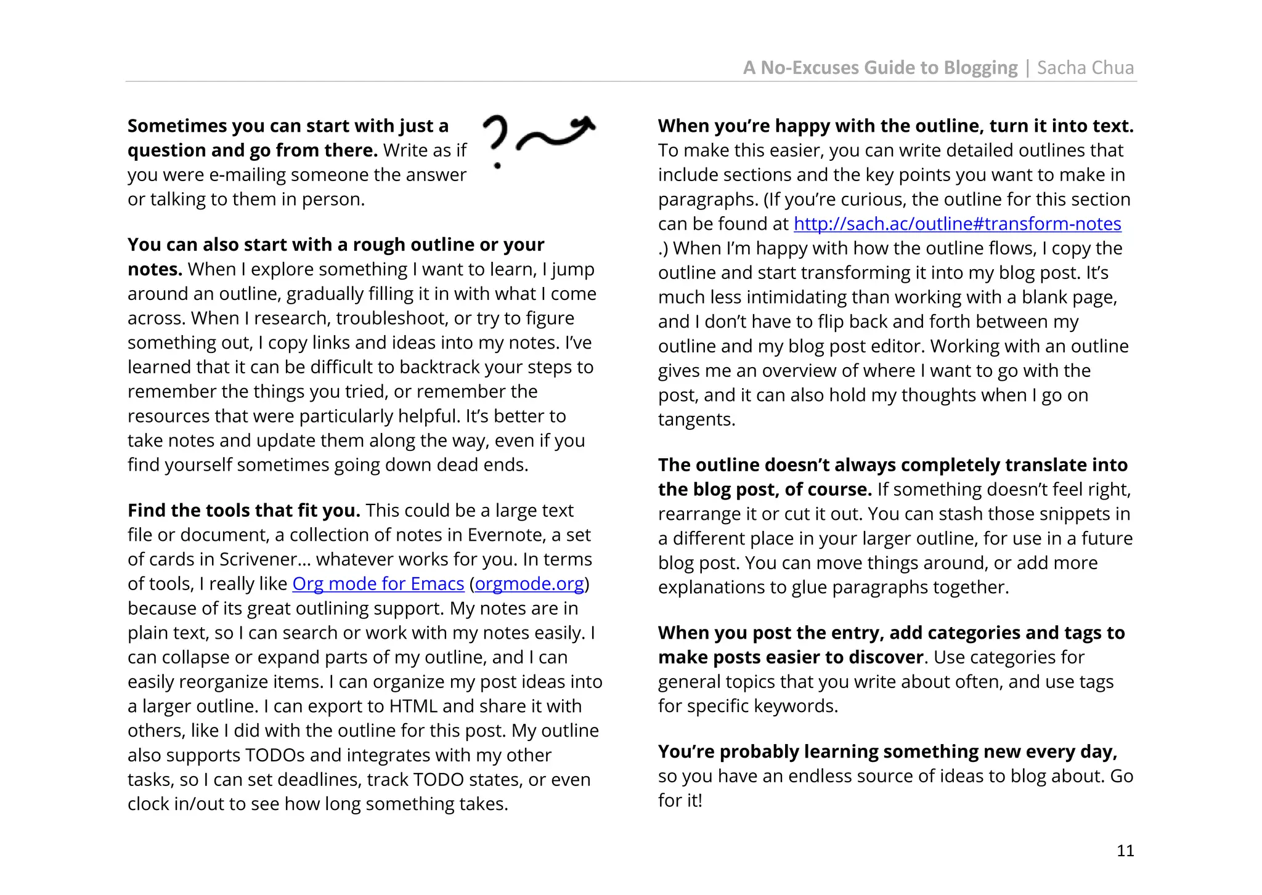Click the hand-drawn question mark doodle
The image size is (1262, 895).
495,140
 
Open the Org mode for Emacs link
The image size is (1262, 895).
378,583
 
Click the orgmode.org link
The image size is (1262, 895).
529,583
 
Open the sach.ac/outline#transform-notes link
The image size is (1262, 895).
957,224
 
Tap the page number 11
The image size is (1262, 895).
1125,851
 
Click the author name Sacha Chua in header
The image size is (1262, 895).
1085,67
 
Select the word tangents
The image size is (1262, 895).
696,419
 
